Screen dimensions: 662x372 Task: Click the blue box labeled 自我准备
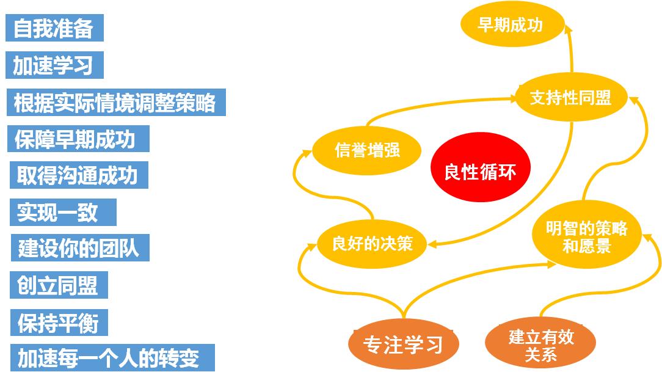pos(54,28)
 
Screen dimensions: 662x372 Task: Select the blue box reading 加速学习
pos(54,65)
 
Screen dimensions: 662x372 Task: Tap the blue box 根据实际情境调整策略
pos(116,102)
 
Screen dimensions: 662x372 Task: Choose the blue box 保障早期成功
pos(78,139)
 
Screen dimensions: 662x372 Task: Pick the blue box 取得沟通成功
pos(79,175)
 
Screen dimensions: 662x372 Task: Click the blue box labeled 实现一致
pos(63,212)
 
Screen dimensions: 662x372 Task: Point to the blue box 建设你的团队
pos(80,248)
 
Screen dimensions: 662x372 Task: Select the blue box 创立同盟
pos(59,285)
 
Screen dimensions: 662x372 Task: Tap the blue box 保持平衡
pos(59,323)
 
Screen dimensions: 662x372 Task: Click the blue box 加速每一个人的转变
pos(112,357)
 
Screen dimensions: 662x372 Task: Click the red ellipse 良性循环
pos(481,167)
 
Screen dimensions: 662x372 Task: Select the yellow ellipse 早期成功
pos(512,24)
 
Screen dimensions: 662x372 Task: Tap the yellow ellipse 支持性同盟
pos(571,97)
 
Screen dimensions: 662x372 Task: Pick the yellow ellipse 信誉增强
pos(366,150)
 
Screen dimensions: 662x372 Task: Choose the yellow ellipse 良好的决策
pos(371,244)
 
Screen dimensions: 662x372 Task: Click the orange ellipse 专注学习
pos(403,344)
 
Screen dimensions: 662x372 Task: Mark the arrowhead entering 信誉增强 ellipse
pos(307,153)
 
